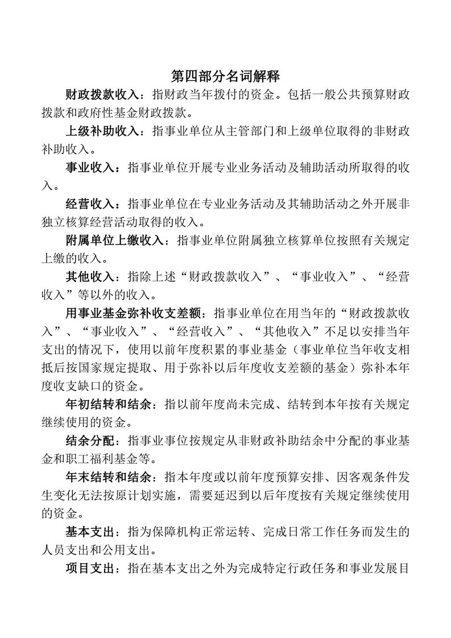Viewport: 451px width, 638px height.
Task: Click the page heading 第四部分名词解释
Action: [225, 77]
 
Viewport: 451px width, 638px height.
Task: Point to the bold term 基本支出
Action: [90, 532]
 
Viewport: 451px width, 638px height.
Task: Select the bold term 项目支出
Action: [90, 568]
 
